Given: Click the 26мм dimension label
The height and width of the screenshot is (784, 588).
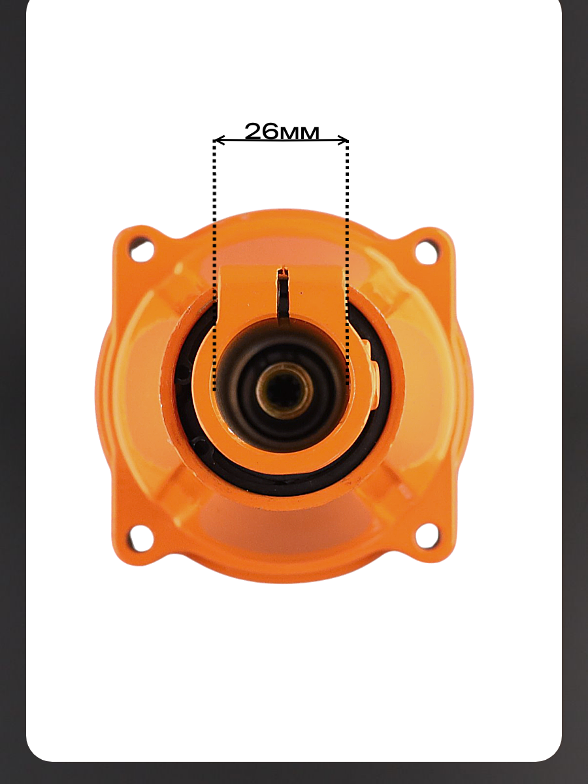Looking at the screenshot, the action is [x=282, y=131].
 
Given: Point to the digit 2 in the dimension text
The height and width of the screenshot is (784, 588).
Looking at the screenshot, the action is [x=253, y=131].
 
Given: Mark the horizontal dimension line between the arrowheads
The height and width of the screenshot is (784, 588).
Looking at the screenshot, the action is [x=281, y=140].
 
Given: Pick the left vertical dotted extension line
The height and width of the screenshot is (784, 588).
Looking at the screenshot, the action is [x=214, y=265].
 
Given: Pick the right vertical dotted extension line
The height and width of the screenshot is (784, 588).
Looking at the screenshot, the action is [x=348, y=263].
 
